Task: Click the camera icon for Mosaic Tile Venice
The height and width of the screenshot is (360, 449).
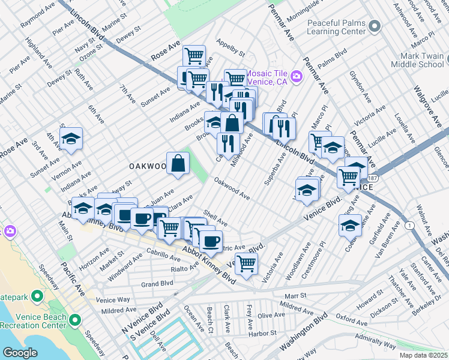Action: tap(296, 76)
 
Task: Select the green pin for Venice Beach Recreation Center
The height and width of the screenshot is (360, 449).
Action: tap(76, 319)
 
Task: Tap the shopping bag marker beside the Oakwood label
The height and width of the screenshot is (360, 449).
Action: tap(178, 163)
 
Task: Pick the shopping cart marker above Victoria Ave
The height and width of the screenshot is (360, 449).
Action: tap(246, 263)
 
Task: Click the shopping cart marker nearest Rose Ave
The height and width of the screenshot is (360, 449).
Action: tap(194, 56)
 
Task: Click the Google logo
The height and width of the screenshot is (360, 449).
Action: tap(20, 353)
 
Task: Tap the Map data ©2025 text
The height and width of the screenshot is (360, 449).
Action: tap(423, 355)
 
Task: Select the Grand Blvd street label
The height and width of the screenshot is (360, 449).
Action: tap(157, 283)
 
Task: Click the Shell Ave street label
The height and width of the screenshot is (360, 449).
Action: tap(215, 215)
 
